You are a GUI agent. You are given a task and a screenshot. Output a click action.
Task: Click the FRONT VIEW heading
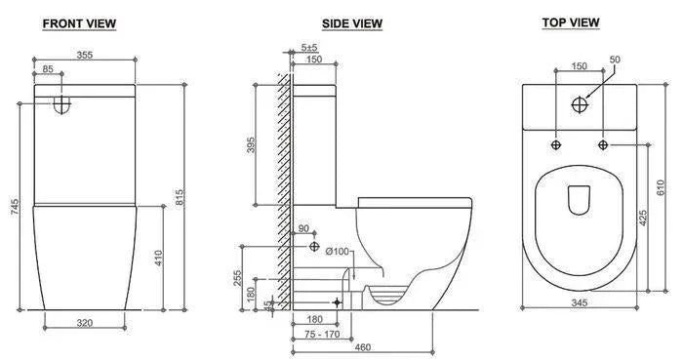pos(79,23)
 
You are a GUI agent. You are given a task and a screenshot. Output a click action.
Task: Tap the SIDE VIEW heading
pos(352,23)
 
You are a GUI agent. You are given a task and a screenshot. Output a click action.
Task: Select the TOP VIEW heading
pos(571,22)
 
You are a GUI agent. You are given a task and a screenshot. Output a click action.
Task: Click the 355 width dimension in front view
pos(85,55)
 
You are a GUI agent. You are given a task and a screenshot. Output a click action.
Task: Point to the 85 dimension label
pos(48,68)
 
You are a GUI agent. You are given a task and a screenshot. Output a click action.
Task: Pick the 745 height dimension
pos(16,207)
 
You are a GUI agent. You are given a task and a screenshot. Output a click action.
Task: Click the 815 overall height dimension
pos(180,197)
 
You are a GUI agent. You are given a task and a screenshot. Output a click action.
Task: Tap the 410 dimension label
pos(158,258)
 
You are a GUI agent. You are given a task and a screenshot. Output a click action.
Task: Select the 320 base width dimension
pos(85,323)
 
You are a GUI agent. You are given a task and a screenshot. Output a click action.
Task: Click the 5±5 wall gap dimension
pos(309,47)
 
